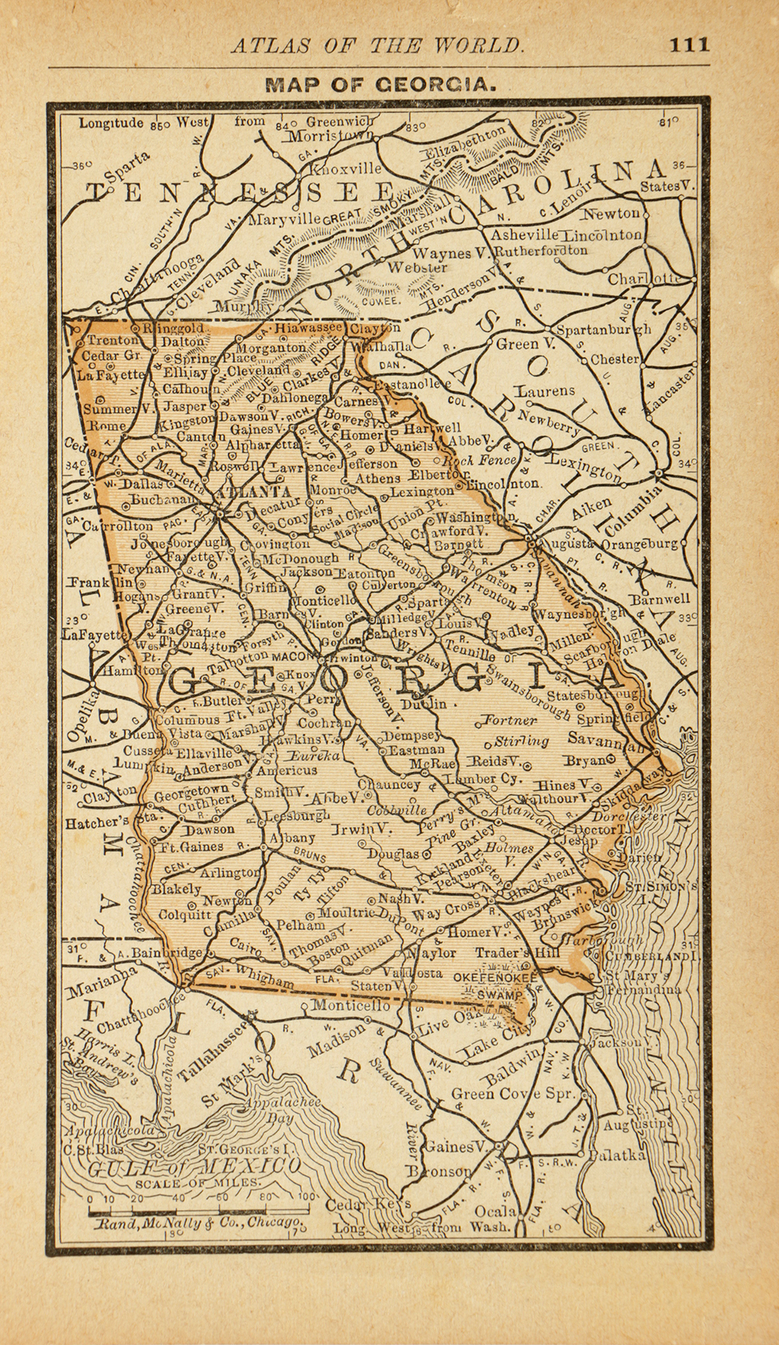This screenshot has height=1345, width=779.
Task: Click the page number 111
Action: point(689,44)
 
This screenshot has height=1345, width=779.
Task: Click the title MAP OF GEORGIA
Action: point(381,83)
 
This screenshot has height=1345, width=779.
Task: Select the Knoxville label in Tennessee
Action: point(347,168)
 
